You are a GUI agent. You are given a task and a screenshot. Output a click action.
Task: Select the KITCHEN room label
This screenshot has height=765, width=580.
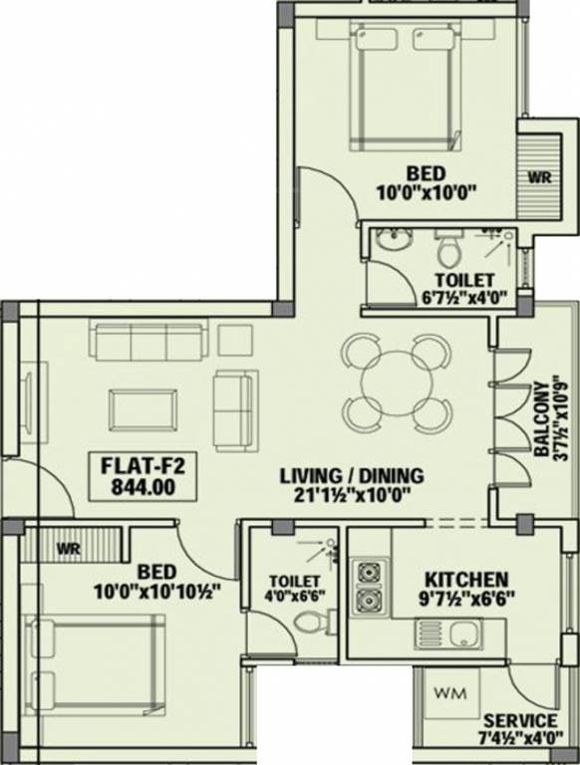(x=466, y=579)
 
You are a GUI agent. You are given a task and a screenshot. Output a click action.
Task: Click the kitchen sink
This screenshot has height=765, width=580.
(x=462, y=635)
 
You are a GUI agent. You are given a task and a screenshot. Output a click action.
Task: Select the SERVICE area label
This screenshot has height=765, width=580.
(x=519, y=720)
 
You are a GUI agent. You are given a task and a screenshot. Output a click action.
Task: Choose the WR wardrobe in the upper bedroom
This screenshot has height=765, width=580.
(x=539, y=175)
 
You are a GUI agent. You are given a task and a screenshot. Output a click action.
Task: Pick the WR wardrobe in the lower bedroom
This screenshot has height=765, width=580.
(x=69, y=547)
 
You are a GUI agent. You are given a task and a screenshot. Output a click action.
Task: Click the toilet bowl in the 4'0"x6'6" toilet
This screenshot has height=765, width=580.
(x=310, y=623)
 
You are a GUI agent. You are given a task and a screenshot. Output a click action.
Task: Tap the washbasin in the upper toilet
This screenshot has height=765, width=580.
(x=392, y=241)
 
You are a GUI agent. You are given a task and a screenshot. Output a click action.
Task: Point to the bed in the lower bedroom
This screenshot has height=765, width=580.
(x=98, y=662)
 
